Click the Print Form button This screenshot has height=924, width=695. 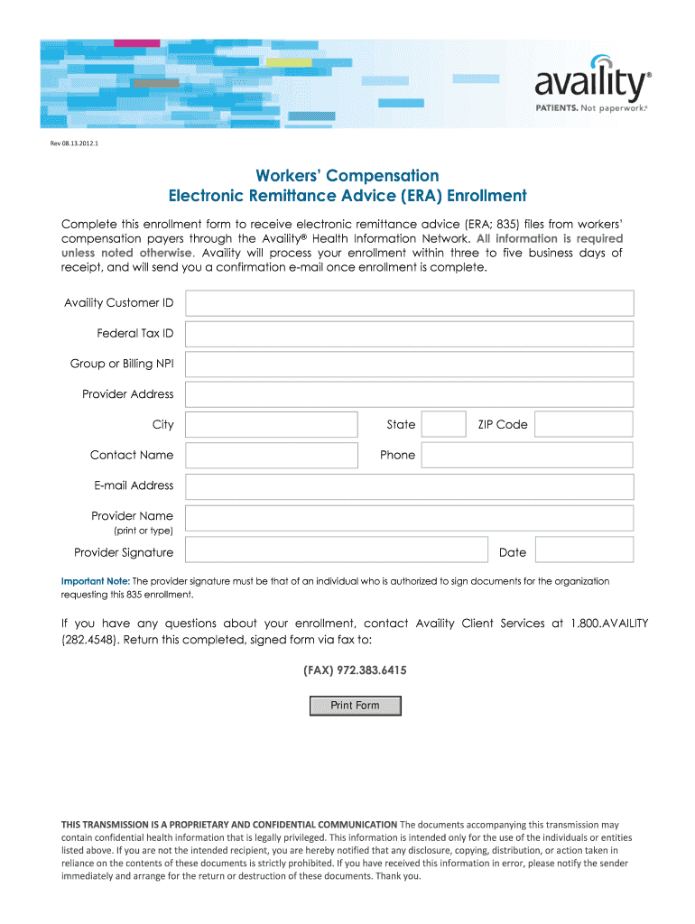[355, 706]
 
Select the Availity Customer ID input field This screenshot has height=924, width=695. [409, 303]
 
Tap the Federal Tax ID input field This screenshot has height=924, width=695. [409, 334]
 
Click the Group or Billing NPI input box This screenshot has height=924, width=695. [409, 365]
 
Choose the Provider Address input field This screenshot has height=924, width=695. [409, 394]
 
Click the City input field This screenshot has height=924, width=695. [271, 425]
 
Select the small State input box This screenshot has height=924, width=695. [444, 425]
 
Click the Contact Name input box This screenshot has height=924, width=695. [271, 456]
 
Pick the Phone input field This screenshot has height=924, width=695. [527, 456]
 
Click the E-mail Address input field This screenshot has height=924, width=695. [409, 486]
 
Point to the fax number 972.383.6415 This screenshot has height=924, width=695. [354, 671]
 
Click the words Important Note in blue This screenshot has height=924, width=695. [96, 581]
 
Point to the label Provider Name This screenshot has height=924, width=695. [132, 516]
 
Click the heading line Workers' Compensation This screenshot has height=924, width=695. [347, 175]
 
